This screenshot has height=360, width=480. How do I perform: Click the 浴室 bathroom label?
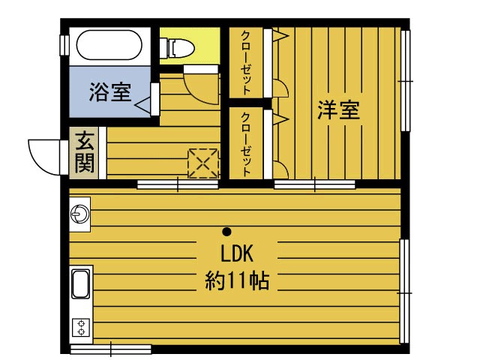coord(110,93)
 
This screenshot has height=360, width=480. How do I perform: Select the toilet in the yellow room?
coord(180,48)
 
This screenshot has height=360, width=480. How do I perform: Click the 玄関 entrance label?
coord(85,153)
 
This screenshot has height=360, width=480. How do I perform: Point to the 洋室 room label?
coord(338,110)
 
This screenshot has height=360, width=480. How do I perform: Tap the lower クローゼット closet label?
coord(245,143)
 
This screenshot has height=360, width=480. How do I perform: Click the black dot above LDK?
coord(226,231)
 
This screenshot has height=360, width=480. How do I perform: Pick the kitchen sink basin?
coord(80,284)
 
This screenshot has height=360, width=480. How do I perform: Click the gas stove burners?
coord(80,327)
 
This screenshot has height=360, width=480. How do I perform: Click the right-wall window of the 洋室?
coord(406,80)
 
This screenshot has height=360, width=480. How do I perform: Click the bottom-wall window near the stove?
coord(111,348)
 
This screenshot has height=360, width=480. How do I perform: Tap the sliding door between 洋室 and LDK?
coord(314,184)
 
